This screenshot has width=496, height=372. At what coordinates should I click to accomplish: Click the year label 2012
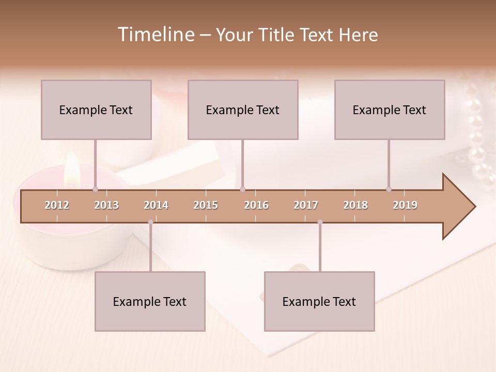(x=57, y=205)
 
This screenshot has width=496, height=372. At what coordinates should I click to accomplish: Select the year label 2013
(x=106, y=205)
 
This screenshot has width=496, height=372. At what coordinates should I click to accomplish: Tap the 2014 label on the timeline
(x=156, y=205)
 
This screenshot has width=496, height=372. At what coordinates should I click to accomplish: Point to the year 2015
(x=206, y=205)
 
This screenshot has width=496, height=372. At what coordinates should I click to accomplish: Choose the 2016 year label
(x=256, y=205)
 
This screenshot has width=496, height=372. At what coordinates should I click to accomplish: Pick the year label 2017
(x=306, y=205)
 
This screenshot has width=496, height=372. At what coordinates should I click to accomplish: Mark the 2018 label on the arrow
(x=355, y=205)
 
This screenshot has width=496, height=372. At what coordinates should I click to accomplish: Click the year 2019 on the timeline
(x=405, y=205)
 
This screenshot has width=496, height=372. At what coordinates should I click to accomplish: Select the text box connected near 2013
(x=96, y=110)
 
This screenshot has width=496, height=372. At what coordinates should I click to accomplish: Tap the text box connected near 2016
(x=243, y=110)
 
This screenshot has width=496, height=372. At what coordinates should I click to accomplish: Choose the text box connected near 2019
(x=390, y=110)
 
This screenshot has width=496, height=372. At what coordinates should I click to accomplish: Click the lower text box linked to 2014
(x=150, y=301)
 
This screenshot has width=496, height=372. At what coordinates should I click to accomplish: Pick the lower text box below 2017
(x=319, y=301)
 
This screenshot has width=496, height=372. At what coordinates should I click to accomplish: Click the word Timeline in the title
(x=155, y=35)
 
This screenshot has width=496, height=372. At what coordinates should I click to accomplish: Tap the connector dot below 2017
(x=320, y=222)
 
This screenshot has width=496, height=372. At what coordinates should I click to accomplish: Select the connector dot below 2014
(x=150, y=222)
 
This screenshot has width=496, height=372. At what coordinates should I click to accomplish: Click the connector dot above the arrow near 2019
(x=389, y=189)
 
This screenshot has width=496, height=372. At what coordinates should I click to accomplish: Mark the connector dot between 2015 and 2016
(x=242, y=189)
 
